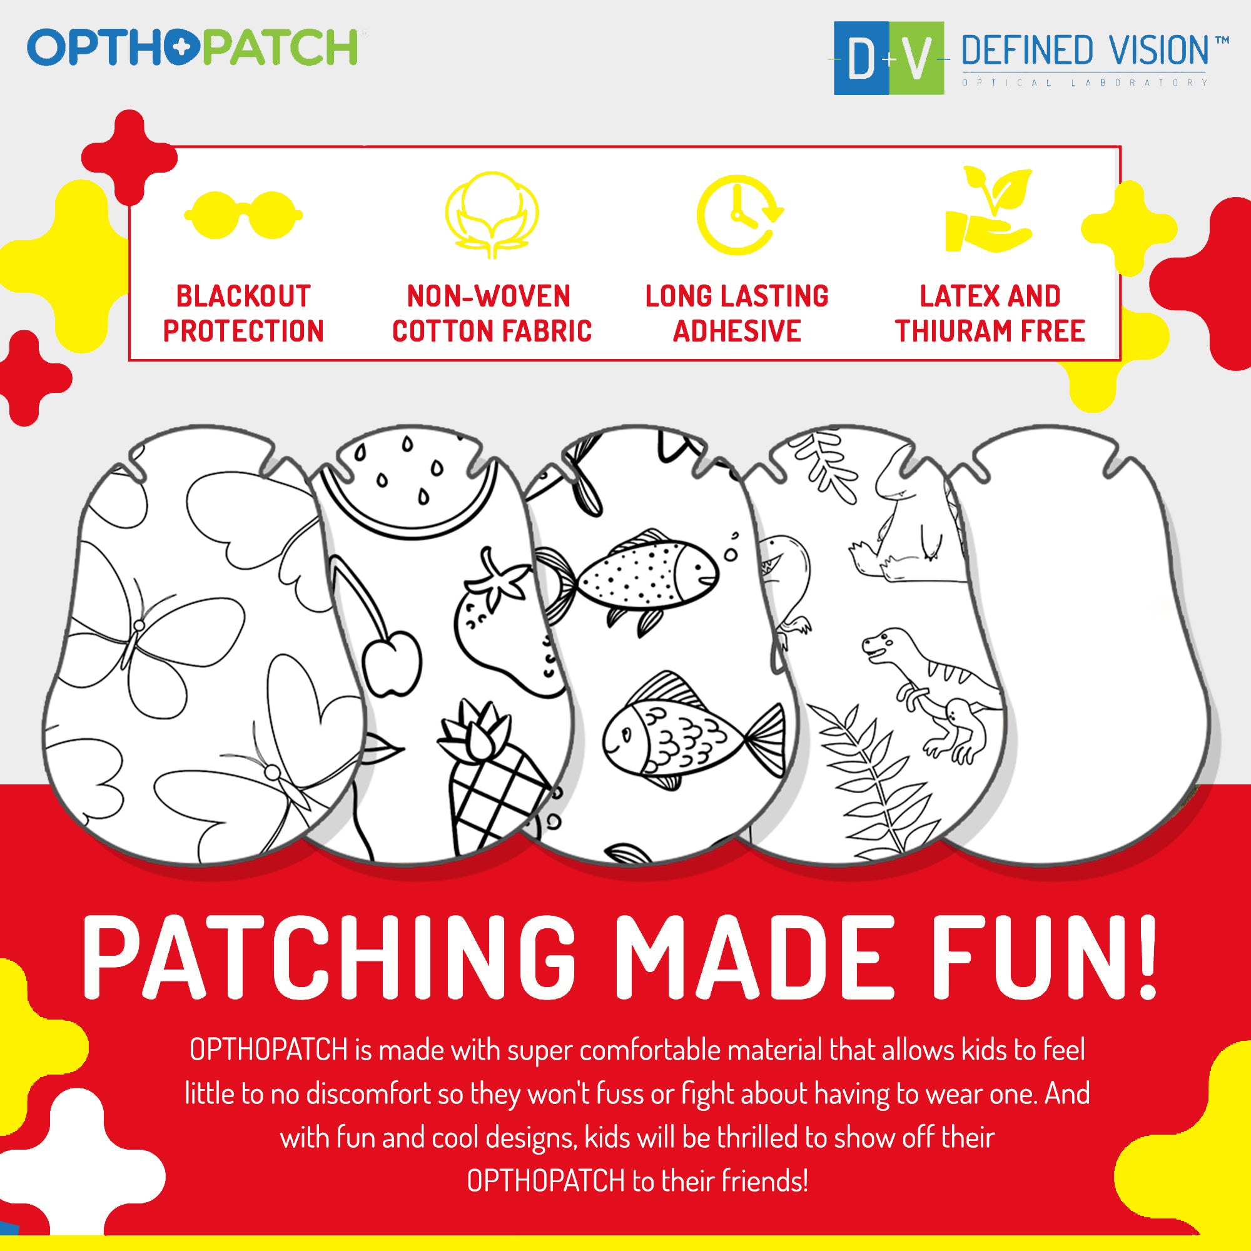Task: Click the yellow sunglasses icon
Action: pos(243,216)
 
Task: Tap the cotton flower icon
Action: pos(492,215)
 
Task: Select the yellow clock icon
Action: pos(739,215)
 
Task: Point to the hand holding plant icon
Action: pos(988,210)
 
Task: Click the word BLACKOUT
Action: pos(243,296)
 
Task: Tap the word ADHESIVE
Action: pos(737,332)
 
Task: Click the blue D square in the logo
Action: pos(861,59)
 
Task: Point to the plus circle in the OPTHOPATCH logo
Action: pos(180,48)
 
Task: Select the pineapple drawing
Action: pos(495,777)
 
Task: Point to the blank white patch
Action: pos(1081,647)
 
